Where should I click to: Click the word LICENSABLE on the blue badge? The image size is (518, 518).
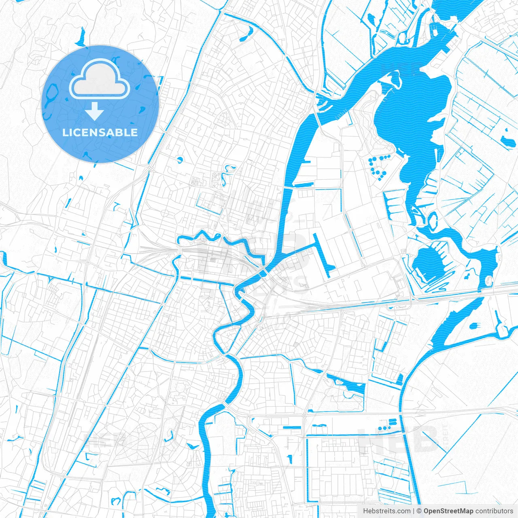(x=100, y=132)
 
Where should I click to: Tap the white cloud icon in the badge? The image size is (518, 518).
(x=100, y=81)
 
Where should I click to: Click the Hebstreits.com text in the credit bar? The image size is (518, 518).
(x=386, y=511)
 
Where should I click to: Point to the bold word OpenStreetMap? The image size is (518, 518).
(x=448, y=511)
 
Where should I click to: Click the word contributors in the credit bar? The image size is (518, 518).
(x=494, y=511)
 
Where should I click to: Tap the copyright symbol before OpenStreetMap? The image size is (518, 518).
(x=419, y=511)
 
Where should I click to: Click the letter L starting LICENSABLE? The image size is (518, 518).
(x=65, y=132)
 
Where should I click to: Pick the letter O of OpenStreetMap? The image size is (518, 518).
(x=427, y=511)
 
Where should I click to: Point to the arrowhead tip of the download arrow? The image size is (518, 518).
(x=95, y=119)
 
